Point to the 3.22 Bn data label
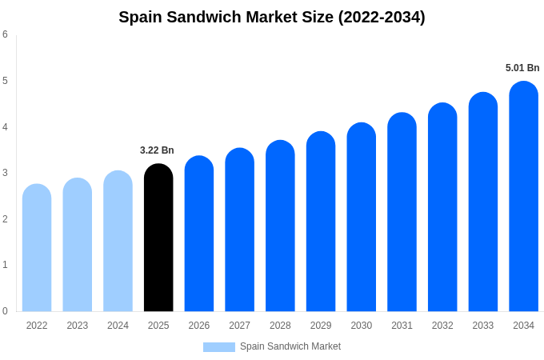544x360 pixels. coord(157,150)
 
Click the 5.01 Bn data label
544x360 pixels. coord(522,68)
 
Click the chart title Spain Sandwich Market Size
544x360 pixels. coord(272,17)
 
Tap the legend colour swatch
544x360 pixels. coord(218,347)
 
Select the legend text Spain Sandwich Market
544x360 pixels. coord(290,346)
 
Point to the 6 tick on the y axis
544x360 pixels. coord(5,34)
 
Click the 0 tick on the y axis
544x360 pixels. coord(5,311)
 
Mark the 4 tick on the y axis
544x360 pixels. coord(5,127)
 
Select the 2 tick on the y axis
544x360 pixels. coord(5,219)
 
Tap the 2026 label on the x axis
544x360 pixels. coord(199,326)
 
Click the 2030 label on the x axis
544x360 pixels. coord(361,326)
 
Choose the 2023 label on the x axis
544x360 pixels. coord(78,326)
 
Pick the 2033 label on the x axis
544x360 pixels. coord(482,326)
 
